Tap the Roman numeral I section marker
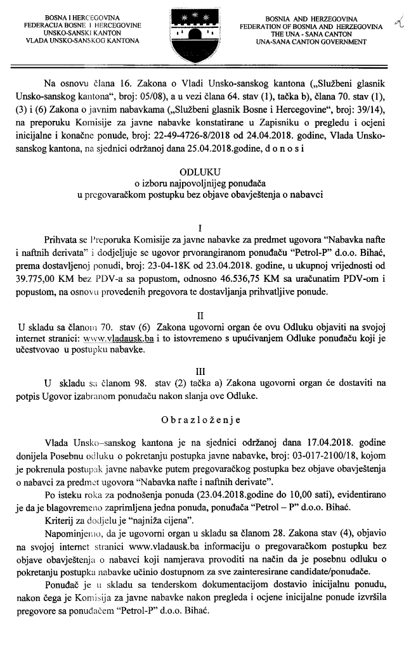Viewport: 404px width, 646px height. pyautogui.click(x=200, y=227)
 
